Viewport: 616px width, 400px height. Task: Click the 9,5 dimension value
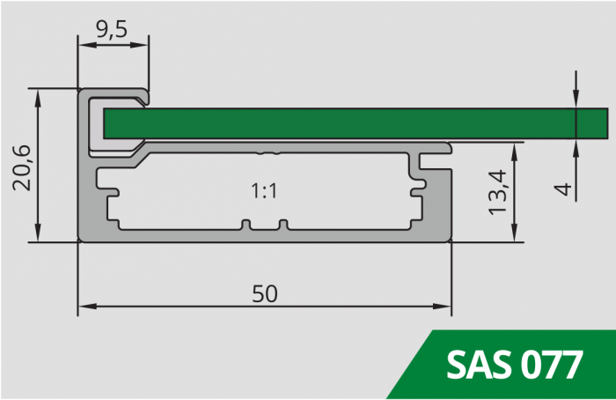[113, 29]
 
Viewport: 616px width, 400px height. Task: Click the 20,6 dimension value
[23, 166]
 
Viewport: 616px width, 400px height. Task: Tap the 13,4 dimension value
[498, 192]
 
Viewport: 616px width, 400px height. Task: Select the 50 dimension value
[265, 294]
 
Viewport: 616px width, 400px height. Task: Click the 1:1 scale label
[265, 190]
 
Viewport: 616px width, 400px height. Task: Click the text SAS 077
[514, 364]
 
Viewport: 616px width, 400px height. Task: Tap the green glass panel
[352, 122]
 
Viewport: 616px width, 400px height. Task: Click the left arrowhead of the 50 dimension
[85, 307]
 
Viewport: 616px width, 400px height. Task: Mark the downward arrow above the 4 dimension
[576, 102]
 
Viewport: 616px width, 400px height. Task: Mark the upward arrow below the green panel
[576, 144]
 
